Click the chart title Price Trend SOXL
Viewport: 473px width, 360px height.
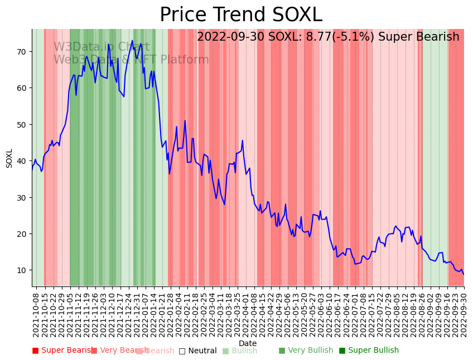(241, 15)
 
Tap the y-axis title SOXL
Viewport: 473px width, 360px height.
(9, 158)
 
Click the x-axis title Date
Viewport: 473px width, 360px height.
(248, 343)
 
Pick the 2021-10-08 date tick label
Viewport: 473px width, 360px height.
(36, 315)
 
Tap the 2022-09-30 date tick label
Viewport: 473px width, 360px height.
(464, 315)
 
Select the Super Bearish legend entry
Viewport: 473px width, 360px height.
(62, 351)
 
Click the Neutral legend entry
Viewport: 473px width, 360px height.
(197, 351)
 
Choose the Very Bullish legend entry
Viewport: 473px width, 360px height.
(306, 351)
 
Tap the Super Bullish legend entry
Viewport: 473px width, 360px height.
(369, 351)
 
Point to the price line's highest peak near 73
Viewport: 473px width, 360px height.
(132, 41)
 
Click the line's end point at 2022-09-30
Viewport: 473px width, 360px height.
(464, 274)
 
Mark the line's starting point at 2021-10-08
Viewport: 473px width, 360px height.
(32, 167)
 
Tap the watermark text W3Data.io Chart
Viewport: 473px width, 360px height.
(101, 47)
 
